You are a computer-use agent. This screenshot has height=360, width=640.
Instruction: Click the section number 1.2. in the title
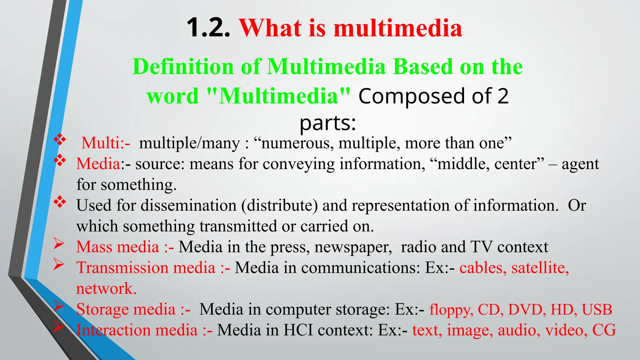pyautogui.click(x=208, y=28)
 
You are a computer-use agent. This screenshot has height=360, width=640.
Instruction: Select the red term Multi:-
pyautogui.click(x=106, y=143)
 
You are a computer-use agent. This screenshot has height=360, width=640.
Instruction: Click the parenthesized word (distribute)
pyautogui.click(x=279, y=206)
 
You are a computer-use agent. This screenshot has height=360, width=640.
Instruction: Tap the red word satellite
pyautogui.click(x=540, y=268)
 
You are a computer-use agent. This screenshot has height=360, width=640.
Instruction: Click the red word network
pyautogui.click(x=106, y=288)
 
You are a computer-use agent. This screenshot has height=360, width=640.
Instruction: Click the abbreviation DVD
pyautogui.click(x=527, y=309)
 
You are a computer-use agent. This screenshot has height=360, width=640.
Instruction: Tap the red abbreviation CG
pyautogui.click(x=604, y=330)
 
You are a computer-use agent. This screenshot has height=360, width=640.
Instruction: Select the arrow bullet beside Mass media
pyautogui.click(x=58, y=243)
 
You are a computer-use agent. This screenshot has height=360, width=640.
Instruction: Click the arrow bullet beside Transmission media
pyautogui.click(x=58, y=264)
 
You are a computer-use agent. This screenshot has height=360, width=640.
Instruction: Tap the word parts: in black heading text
pyautogui.click(x=327, y=123)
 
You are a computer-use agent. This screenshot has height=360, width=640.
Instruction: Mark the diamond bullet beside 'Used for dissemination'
pyautogui.click(x=59, y=202)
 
